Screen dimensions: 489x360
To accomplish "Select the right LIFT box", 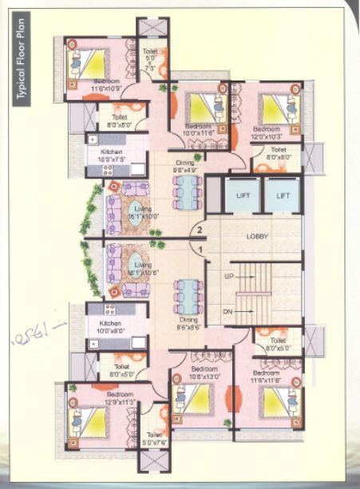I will click(x=282, y=195).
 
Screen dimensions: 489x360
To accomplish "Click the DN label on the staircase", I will click(x=227, y=311).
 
